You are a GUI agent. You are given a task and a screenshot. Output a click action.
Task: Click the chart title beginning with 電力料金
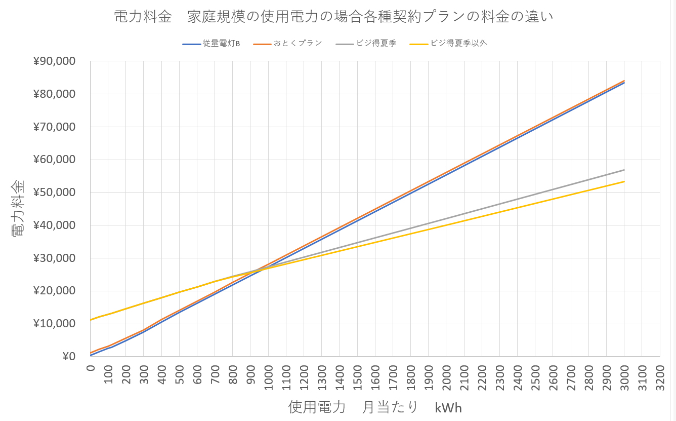tap(333, 17)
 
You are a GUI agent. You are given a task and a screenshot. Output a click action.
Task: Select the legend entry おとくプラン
tap(298, 44)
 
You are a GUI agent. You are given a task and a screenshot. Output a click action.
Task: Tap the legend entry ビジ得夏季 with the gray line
tap(376, 44)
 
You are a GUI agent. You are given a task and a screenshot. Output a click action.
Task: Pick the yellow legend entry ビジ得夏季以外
tap(459, 44)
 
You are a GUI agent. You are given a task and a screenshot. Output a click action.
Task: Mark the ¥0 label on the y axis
tap(69, 357)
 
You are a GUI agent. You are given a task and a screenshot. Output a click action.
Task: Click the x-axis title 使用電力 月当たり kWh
tap(375, 407)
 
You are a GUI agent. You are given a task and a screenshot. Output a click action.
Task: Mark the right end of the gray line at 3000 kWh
tap(624, 170)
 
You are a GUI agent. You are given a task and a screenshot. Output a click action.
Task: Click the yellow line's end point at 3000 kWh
tap(624, 181)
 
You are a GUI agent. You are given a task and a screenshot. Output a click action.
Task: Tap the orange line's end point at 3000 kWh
tap(624, 81)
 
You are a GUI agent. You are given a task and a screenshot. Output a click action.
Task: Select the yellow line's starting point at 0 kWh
tap(91, 320)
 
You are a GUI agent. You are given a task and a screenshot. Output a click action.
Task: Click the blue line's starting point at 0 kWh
tap(91, 356)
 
